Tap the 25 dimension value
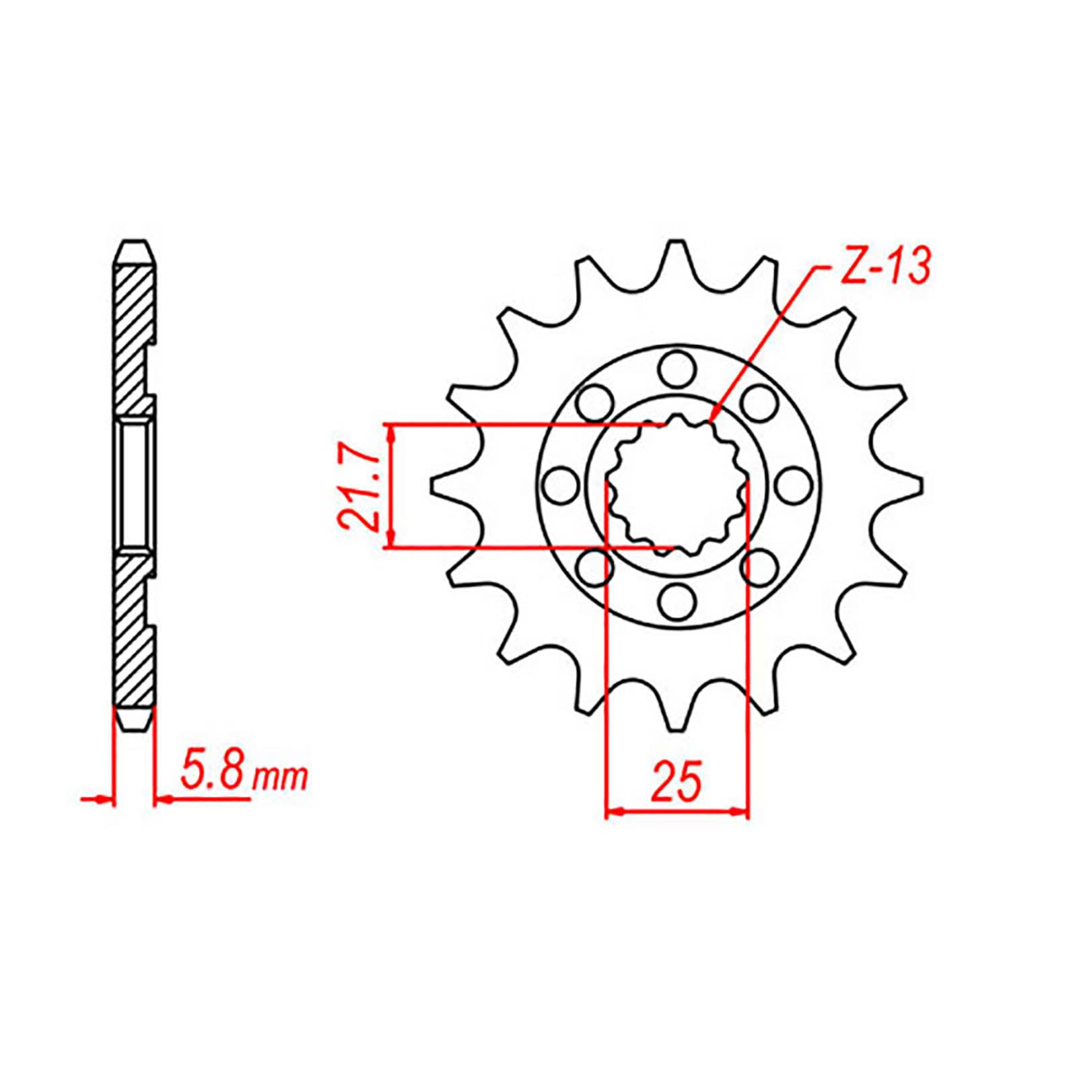(676, 781)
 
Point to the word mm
(280, 779)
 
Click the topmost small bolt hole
(676, 370)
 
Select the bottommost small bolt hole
(676, 601)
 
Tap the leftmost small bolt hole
(560, 485)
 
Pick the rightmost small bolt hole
(794, 485)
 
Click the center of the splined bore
(677, 485)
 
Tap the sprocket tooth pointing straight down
(676, 714)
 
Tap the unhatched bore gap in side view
(137, 485)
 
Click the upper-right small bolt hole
(759, 403)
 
